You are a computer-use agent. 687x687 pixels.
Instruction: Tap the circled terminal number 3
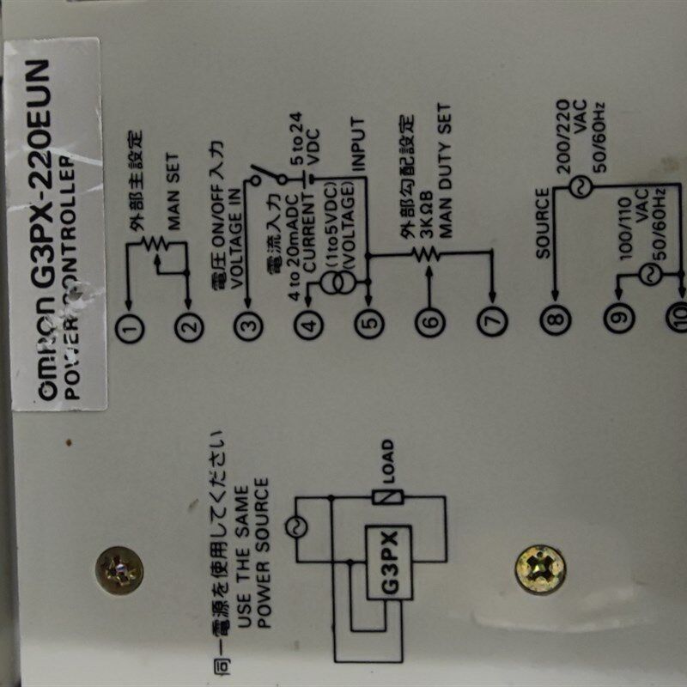[249, 325]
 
